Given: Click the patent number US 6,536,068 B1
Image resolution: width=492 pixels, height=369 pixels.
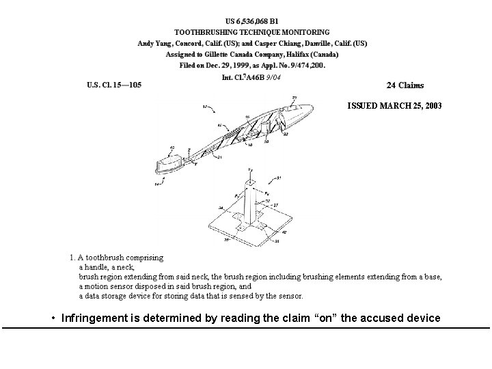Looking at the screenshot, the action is click(252, 20).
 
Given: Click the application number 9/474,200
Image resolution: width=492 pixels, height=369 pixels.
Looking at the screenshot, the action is click(306, 66).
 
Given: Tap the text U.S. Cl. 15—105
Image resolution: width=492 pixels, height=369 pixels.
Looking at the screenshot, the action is click(114, 85).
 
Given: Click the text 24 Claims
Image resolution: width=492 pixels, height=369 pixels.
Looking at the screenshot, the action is click(405, 85).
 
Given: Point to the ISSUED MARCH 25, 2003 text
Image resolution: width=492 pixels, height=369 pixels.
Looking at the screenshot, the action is click(394, 106).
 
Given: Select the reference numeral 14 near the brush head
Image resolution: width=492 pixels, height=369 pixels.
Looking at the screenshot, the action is click(158, 184).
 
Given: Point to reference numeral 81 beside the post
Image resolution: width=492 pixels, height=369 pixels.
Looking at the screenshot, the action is click(279, 178).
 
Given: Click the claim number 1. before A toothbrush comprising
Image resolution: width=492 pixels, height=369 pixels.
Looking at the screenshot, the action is click(72, 258).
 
